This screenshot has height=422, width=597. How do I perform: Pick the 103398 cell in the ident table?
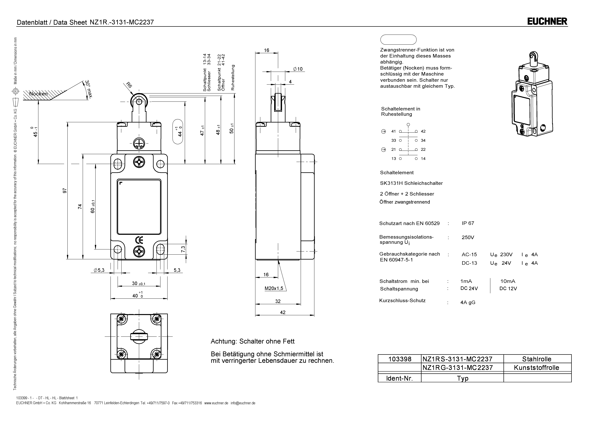400,359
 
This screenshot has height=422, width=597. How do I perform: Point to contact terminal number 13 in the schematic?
394,159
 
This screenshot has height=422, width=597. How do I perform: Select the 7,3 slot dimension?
183,249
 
